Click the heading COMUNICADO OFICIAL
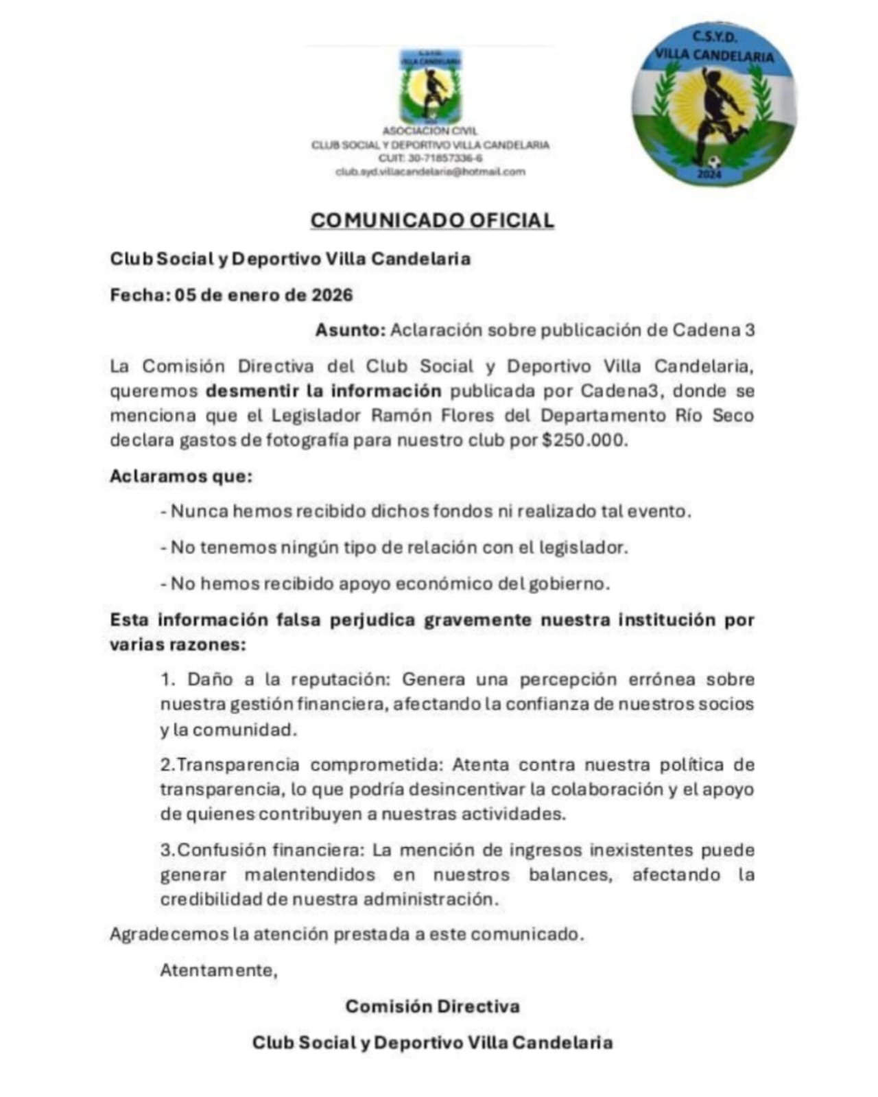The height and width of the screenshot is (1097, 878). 431,220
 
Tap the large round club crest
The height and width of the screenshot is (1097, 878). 713,104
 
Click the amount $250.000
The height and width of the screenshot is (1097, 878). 584,440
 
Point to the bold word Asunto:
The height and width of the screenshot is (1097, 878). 351,330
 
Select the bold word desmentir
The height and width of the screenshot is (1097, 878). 244,391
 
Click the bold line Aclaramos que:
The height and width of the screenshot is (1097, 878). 181,476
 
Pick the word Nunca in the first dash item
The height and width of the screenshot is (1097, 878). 199,512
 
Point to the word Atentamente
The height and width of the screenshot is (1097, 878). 218,971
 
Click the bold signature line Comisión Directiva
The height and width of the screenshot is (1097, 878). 432,1006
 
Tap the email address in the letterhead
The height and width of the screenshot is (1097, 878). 430,172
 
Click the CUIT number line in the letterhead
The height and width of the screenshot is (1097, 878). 430,158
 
